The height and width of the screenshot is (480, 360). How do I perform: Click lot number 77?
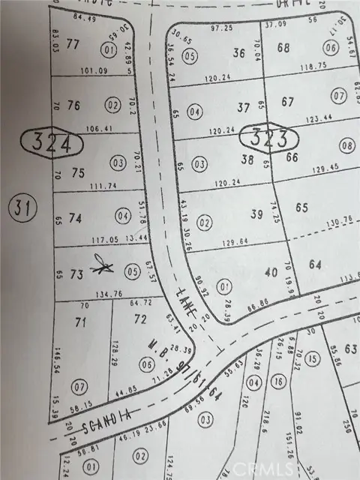click(73, 44)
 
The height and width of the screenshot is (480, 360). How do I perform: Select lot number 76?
click(73, 104)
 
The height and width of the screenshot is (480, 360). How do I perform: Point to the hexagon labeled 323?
click(269, 137)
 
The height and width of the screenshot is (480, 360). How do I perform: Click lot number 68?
click(283, 49)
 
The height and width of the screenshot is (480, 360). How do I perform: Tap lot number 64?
click(314, 264)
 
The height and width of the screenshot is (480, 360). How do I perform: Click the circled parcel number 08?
click(346, 145)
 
